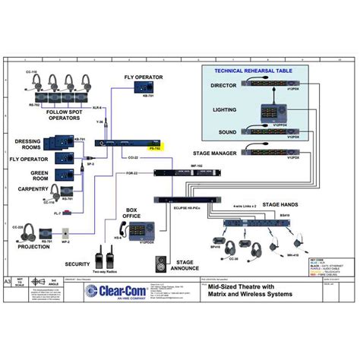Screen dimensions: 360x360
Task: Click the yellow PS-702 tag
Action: [x=155, y=149]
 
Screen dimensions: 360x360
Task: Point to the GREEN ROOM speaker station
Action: [x=63, y=175]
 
